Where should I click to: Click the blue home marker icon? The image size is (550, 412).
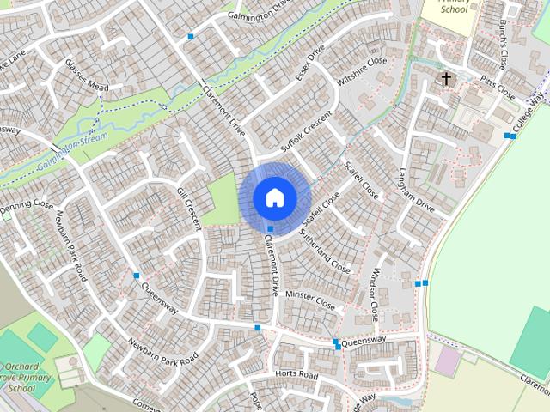[274, 197]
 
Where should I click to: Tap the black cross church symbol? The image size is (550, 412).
[446, 79]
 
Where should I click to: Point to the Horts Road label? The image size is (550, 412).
[296, 376]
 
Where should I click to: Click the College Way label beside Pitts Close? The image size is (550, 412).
[529, 116]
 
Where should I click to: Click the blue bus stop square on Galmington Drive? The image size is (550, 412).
[191, 36]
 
